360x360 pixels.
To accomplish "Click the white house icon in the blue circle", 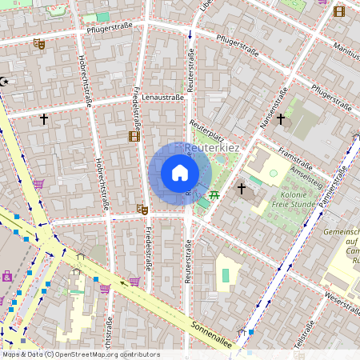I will point(180,173).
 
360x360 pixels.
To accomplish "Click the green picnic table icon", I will point(214,194).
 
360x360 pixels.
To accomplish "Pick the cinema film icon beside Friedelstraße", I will point(133,136).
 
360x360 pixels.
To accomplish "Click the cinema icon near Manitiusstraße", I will point(338,10).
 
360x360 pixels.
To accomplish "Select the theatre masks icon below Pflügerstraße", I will point(38,44).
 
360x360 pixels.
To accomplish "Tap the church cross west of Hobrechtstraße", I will point(44,119).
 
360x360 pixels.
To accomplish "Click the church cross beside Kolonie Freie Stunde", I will point(242,189).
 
